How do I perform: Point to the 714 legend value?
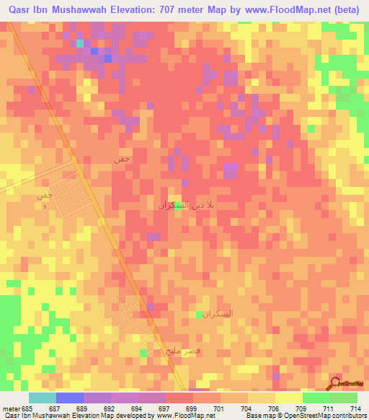click(355, 408)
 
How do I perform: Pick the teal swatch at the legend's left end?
click(43, 398)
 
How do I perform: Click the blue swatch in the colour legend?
click(70, 398)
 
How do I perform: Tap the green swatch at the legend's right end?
click(344, 398)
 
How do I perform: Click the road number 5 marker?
click(45, 208)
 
